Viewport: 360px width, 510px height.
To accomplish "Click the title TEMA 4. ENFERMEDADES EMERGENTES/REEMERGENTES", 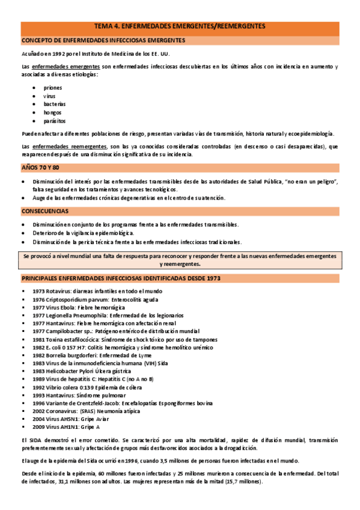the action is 180,26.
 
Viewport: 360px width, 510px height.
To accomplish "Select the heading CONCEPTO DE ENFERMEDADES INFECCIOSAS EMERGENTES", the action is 103,40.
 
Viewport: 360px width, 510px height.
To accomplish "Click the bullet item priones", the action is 52,87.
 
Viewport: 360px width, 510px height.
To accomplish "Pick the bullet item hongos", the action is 52,112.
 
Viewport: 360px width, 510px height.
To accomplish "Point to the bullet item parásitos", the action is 54,121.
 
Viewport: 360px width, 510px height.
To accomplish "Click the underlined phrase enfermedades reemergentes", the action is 68,146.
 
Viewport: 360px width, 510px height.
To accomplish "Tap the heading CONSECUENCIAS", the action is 44,212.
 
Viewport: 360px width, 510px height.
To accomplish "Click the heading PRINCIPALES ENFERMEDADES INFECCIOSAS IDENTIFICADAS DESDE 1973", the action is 121,278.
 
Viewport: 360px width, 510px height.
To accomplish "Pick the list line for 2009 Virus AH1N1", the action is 66,427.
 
